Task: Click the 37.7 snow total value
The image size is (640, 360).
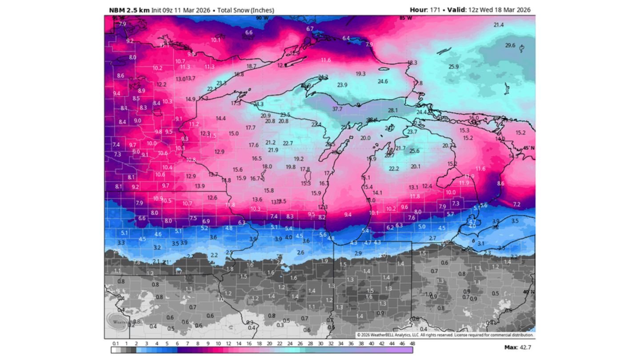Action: click(x=337, y=109)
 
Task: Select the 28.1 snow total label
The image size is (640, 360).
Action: click(x=393, y=110)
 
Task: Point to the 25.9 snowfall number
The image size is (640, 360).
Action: click(x=453, y=67)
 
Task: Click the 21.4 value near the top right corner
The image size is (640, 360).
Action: click(x=499, y=25)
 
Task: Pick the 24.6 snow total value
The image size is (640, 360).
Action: click(x=383, y=81)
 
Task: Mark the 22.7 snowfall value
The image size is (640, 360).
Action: click(x=288, y=143)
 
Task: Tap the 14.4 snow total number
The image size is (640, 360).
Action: click(x=221, y=119)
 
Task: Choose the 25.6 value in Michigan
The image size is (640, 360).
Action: click(x=414, y=151)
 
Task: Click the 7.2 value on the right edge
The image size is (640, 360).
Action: click(x=516, y=204)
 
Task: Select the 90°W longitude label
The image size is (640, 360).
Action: click(x=262, y=18)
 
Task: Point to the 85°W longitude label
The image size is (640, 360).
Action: click(x=405, y=18)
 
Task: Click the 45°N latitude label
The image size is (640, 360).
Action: click(x=529, y=148)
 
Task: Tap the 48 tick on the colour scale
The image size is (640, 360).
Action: click(x=412, y=343)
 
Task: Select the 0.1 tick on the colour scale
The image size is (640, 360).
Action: click(x=116, y=343)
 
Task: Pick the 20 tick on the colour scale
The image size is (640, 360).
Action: click(x=269, y=343)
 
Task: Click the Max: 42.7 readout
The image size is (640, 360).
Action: click(x=517, y=347)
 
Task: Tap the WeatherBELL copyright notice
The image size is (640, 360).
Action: click(x=444, y=335)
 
